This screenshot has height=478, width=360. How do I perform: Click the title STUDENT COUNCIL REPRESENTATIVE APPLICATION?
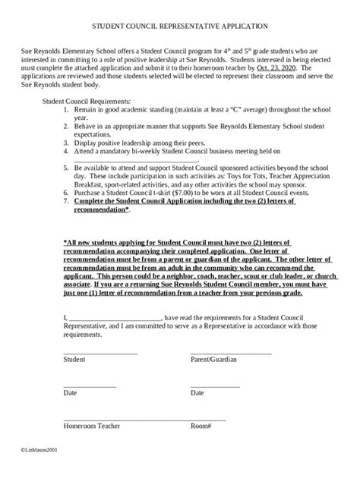[180, 26]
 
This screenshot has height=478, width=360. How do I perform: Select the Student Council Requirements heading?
[87, 101]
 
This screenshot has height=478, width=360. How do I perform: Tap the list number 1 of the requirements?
[66, 110]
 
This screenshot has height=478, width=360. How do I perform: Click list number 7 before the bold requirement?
[66, 203]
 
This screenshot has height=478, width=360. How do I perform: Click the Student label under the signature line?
[74, 360]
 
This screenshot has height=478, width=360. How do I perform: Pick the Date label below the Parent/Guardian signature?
[197, 393]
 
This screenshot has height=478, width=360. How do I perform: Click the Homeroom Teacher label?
[92, 426]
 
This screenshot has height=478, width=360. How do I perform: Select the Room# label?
[201, 426]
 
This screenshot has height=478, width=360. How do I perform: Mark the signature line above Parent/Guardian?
[230, 353]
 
